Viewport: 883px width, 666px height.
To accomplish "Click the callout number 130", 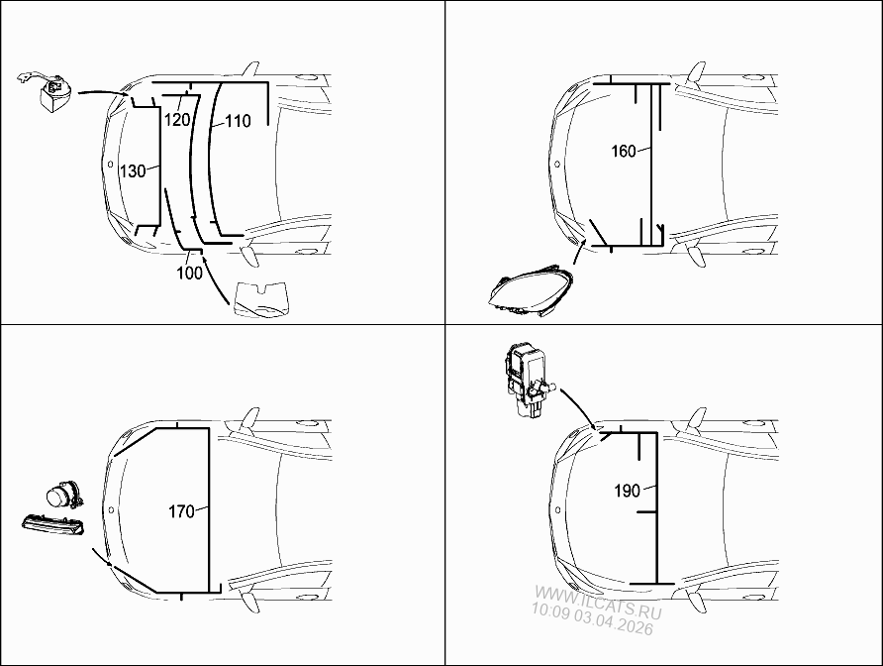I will [132, 170].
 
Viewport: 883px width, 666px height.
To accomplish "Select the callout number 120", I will [177, 120].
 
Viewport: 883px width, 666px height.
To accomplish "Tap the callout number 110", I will [238, 121].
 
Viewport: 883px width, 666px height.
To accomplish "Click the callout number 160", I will [624, 152].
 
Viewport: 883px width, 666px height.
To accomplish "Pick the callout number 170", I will [181, 511].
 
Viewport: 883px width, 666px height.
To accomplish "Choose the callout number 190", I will [626, 490].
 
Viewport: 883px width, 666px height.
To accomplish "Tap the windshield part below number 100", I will [258, 300].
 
